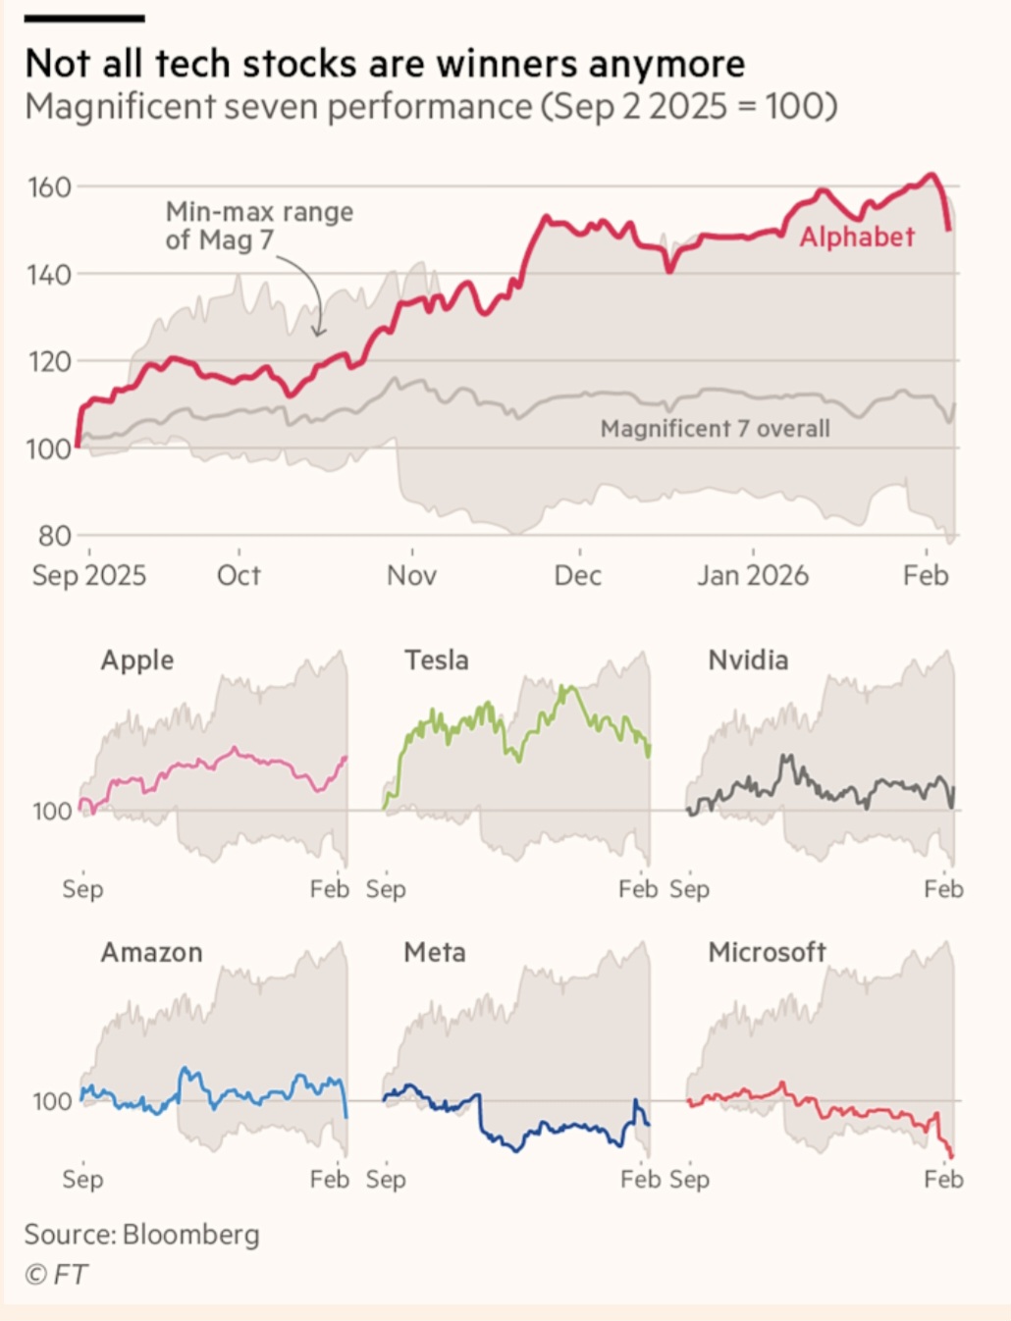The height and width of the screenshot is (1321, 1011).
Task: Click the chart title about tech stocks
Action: tap(385, 64)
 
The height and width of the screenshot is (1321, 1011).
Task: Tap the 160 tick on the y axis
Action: tap(49, 186)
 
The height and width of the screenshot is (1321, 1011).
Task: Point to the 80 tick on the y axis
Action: tap(54, 536)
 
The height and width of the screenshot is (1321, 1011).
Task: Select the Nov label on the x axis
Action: tap(411, 575)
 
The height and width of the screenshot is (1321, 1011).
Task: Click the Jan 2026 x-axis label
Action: tap(753, 575)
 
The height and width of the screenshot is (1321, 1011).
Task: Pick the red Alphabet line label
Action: tap(857, 237)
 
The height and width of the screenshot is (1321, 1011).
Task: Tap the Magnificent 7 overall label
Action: tap(715, 429)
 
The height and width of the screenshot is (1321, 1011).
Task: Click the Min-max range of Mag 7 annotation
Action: tap(259, 226)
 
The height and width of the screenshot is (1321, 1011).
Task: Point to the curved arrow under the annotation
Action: tap(311, 294)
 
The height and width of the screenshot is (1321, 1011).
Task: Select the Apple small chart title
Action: tap(137, 660)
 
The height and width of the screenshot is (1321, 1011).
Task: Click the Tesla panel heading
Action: tap(437, 660)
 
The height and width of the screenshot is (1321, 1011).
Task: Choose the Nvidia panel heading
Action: tap(748, 660)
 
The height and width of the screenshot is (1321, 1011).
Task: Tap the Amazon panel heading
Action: tap(152, 952)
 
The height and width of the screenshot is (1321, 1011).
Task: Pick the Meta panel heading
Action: tap(435, 952)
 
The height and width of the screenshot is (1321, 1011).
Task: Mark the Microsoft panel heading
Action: tap(767, 952)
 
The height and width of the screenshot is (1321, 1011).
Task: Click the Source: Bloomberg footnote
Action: tap(142, 1234)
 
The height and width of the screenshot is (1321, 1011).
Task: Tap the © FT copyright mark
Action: tap(56, 1274)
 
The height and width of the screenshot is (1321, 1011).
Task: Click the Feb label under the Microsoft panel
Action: tap(943, 1179)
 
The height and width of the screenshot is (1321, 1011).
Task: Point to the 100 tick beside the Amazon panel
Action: tap(52, 1101)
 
